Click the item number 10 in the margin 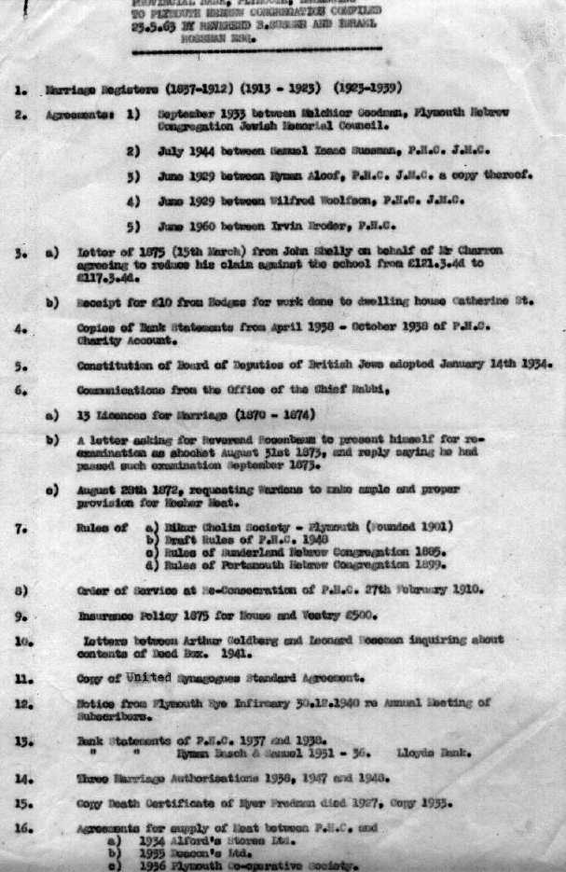24,641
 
